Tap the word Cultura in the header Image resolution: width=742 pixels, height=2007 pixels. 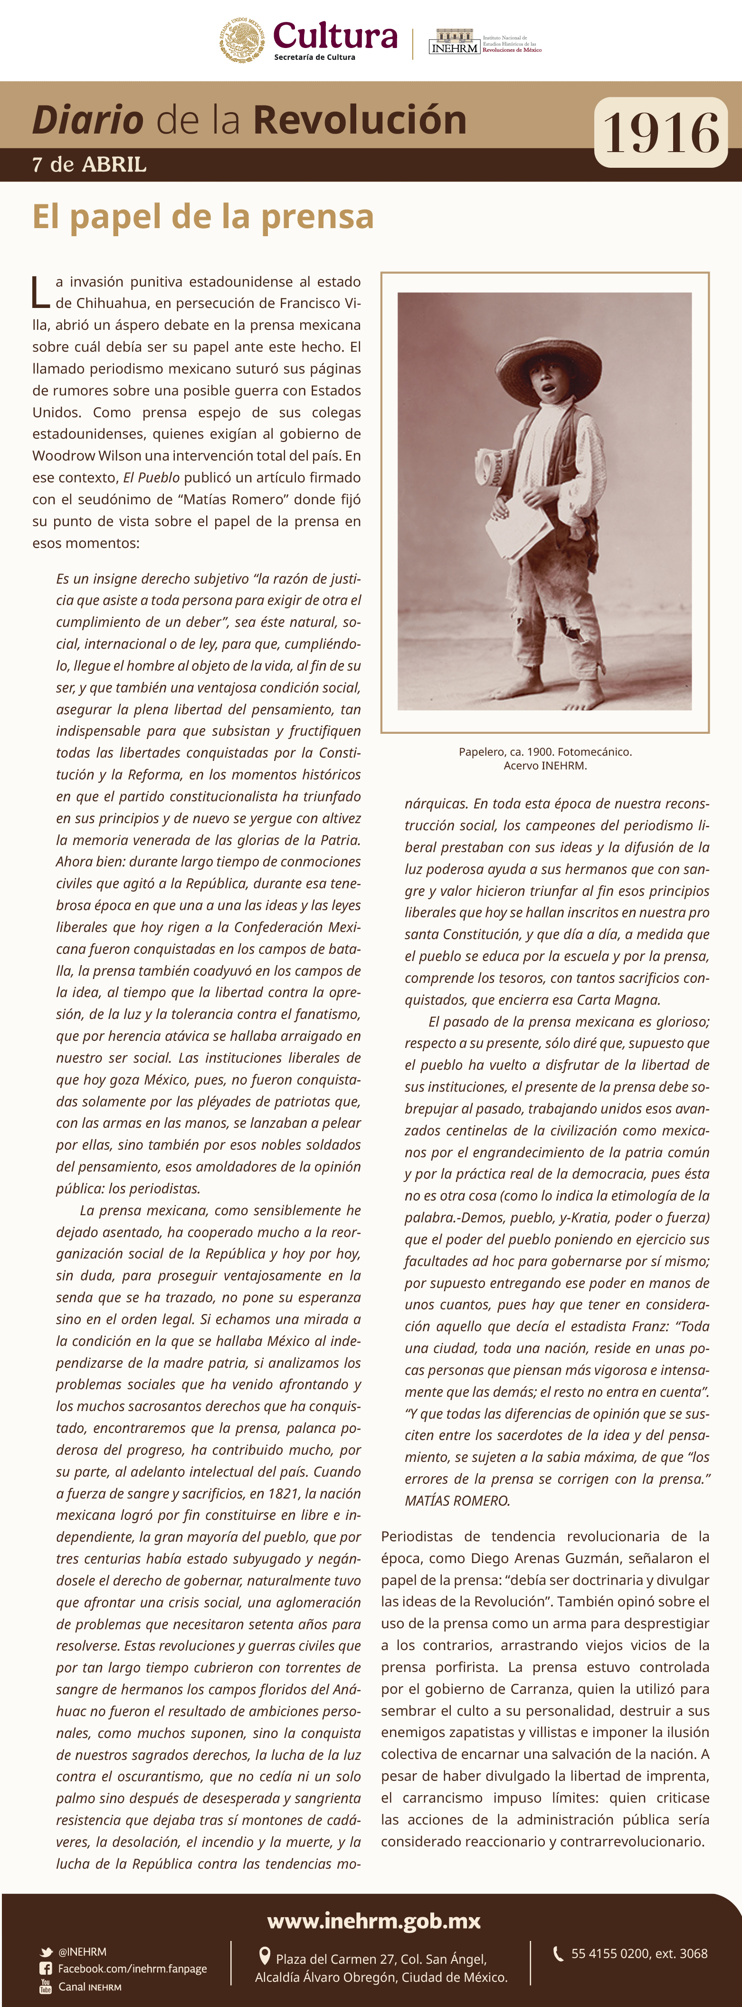click(335, 36)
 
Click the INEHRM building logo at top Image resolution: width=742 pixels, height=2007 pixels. click(454, 42)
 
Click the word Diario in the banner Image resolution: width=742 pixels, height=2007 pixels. click(88, 120)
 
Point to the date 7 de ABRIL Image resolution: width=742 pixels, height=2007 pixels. click(89, 164)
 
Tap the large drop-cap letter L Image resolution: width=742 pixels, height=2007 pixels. click(40, 291)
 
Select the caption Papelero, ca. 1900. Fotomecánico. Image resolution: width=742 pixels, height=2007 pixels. click(545, 752)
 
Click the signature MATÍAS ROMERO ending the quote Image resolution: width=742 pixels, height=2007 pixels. click(457, 1500)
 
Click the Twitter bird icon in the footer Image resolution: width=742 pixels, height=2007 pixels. click(46, 1952)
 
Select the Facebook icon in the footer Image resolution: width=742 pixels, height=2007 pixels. click(46, 1969)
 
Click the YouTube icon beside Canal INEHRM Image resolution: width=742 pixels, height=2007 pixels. click(46, 1986)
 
